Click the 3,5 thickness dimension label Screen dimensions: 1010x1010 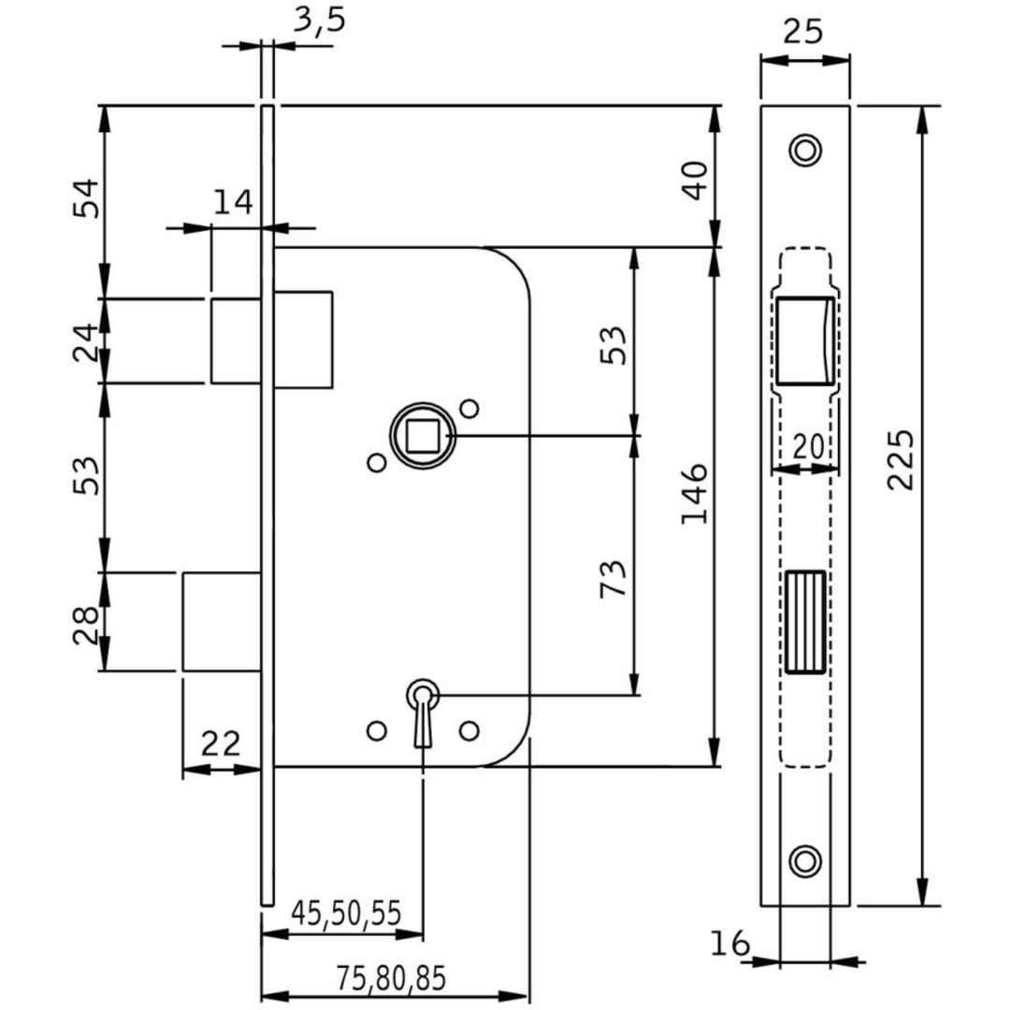tap(320, 20)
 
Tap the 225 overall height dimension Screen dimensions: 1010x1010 tap(901, 460)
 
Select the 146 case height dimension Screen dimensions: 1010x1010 tap(694, 493)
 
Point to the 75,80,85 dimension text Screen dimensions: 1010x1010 tap(391, 978)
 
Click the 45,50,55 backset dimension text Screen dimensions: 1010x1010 tap(347, 913)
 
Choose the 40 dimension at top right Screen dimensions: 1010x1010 tap(694, 180)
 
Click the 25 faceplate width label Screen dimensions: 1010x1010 tap(802, 31)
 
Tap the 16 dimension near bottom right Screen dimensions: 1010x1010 tap(729, 944)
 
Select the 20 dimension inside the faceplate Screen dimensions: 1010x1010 tap(808, 446)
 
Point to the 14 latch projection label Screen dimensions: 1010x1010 tap(233, 202)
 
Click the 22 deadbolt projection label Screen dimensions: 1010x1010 tap(221, 744)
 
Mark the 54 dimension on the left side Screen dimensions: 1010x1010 tap(86, 197)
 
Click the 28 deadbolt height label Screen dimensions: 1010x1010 tap(86, 625)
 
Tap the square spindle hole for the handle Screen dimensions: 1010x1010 tap(422, 436)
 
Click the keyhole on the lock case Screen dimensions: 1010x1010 tap(423, 712)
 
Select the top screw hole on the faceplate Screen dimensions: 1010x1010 tap(805, 151)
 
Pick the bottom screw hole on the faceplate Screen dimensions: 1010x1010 tap(805, 860)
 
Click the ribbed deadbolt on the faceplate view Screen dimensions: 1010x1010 tap(805, 622)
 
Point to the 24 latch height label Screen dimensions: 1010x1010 tap(86, 341)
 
